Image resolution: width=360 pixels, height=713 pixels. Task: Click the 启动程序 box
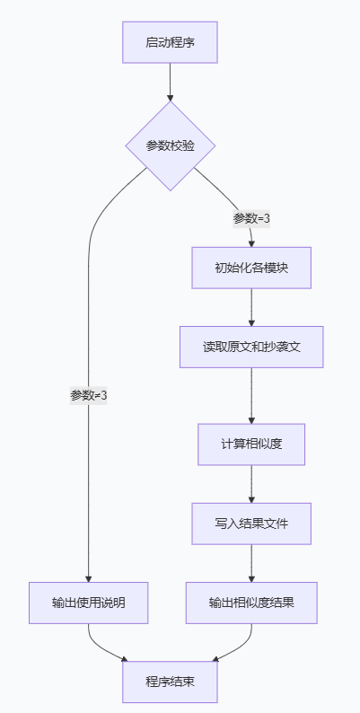click(x=170, y=42)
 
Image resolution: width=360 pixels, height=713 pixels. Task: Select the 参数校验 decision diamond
click(x=170, y=145)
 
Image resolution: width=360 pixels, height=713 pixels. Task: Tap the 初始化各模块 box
click(x=251, y=268)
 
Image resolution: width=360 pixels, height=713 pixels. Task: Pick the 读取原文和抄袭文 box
click(x=251, y=346)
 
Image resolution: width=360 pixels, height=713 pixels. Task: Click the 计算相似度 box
click(x=251, y=444)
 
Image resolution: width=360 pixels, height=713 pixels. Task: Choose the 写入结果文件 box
click(x=251, y=523)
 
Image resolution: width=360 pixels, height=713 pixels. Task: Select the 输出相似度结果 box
click(x=251, y=603)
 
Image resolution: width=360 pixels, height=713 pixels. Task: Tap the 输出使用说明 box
click(x=88, y=603)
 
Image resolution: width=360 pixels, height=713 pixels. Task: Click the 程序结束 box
click(x=170, y=682)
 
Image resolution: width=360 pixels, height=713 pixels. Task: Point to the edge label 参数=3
click(x=251, y=218)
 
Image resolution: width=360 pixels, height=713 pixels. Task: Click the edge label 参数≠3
click(x=88, y=395)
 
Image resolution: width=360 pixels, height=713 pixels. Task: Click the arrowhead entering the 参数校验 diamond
click(x=170, y=96)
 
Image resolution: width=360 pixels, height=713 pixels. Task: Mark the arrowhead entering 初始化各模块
click(x=251, y=242)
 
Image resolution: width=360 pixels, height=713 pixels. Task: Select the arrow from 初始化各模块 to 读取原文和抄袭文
click(x=251, y=307)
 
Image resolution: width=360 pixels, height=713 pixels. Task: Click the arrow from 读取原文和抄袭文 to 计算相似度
click(x=251, y=395)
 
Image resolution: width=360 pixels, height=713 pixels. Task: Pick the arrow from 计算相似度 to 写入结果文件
click(x=251, y=484)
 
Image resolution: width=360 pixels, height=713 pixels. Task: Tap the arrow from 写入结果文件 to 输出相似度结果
click(x=251, y=563)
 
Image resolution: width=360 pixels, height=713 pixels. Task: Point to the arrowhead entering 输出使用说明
click(x=88, y=577)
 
